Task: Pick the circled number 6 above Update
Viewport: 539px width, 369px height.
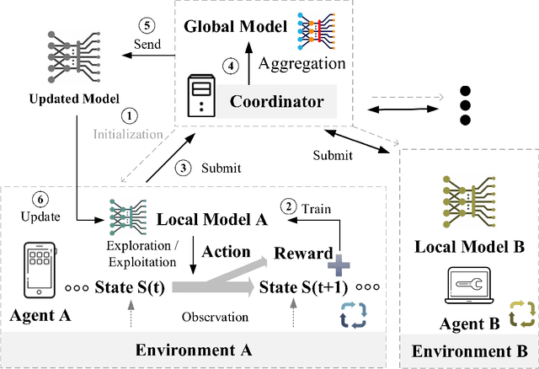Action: coord(38,200)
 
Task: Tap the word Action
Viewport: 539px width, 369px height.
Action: coord(226,252)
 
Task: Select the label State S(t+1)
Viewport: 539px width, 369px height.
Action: coord(304,286)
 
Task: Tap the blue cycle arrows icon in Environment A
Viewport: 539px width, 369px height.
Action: coord(349,314)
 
